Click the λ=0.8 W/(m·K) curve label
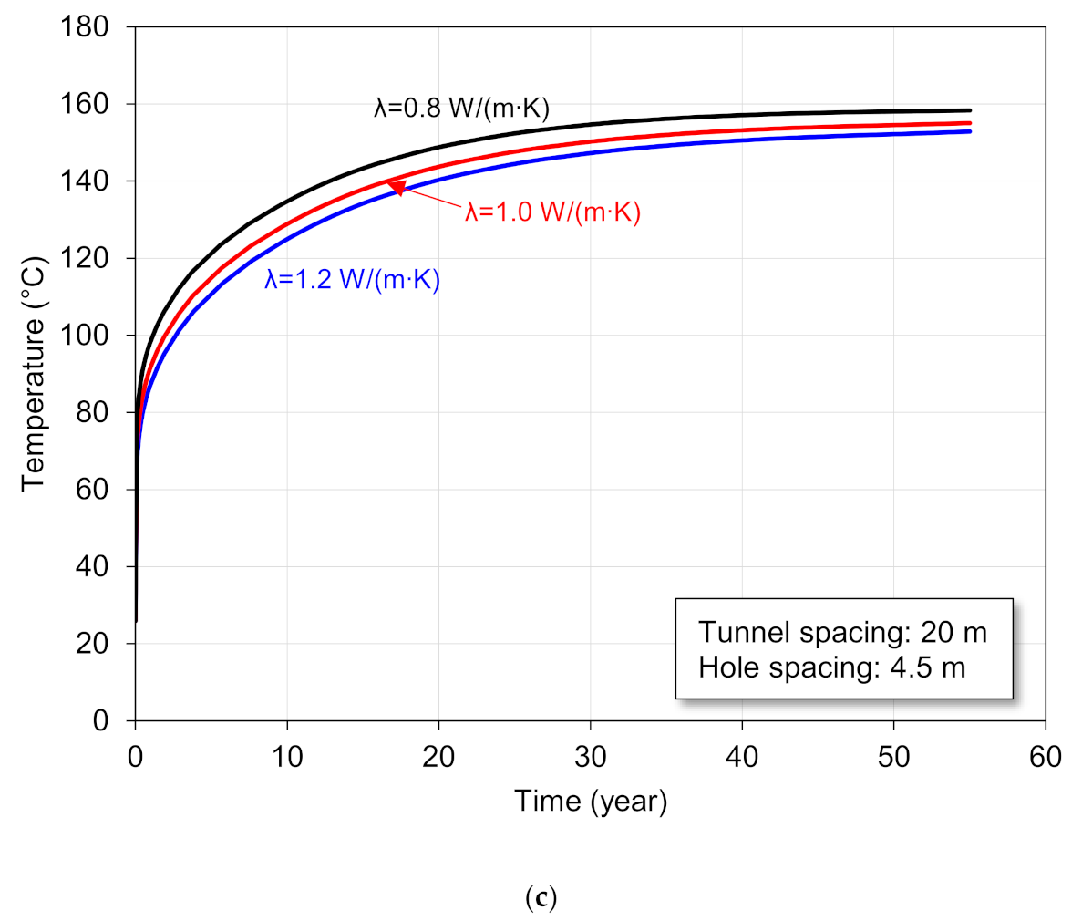click(x=461, y=109)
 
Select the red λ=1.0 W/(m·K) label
click(x=553, y=212)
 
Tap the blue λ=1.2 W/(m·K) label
click(x=352, y=279)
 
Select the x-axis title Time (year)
click(x=591, y=801)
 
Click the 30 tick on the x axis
click(x=591, y=757)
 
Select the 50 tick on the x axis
click(x=894, y=757)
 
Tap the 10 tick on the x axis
click(x=287, y=757)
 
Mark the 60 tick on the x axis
click(x=1046, y=757)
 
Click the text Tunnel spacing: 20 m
click(x=842, y=633)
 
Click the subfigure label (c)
click(x=541, y=898)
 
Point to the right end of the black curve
click(x=970, y=110)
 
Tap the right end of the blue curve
click(x=970, y=131)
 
